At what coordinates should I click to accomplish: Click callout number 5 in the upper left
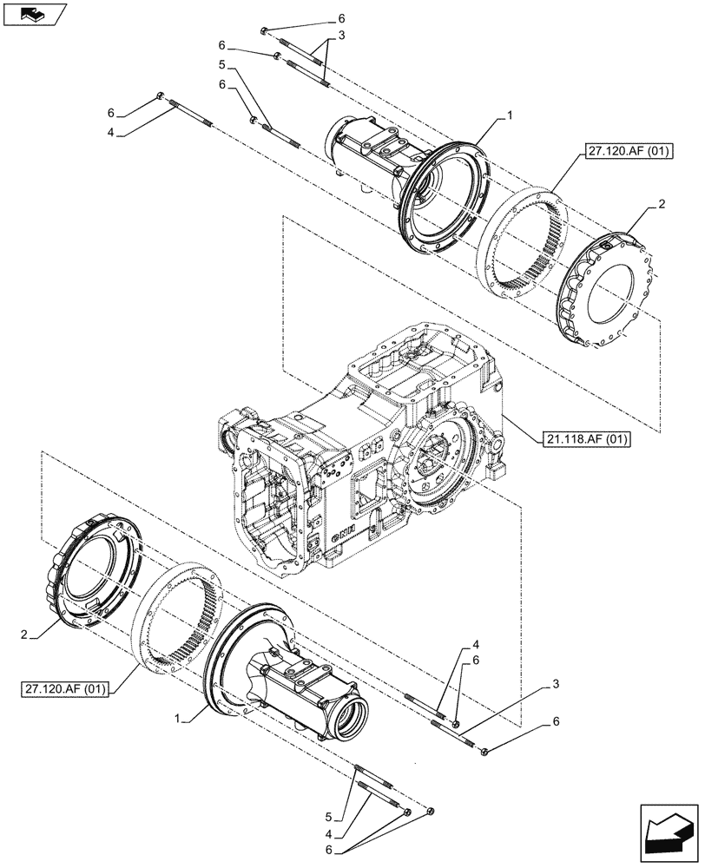coord(222,66)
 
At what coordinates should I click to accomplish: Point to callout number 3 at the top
coord(341,36)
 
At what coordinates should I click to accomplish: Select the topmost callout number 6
coord(341,18)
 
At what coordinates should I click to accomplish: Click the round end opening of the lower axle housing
coord(353,719)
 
